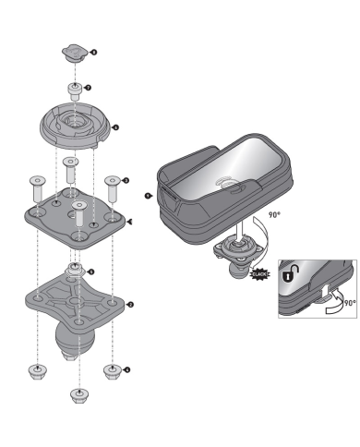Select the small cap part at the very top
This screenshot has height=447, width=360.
click(75, 51)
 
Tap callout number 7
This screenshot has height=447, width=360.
click(88, 88)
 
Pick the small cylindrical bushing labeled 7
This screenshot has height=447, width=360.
click(73, 91)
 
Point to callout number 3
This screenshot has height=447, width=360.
click(126, 181)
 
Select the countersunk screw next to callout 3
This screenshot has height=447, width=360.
click(113, 187)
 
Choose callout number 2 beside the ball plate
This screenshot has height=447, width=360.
click(130, 304)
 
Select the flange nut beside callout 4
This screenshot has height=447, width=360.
click(112, 372)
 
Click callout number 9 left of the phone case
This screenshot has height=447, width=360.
click(149, 196)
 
